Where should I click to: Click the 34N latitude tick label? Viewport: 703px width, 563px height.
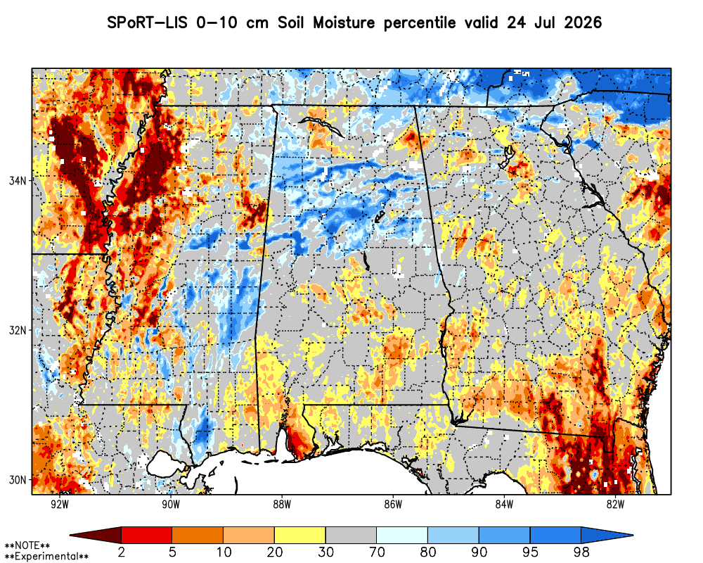pyautogui.click(x=18, y=180)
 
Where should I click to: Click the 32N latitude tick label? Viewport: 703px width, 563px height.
pyautogui.click(x=18, y=331)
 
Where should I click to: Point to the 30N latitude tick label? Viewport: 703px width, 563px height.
pyautogui.click(x=18, y=480)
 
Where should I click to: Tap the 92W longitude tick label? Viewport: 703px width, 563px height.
pyautogui.click(x=60, y=504)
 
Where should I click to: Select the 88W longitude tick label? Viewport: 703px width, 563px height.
pyautogui.click(x=282, y=504)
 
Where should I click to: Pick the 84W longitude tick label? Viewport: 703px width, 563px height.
pyautogui.click(x=504, y=504)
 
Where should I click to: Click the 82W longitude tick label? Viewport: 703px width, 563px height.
pyautogui.click(x=615, y=504)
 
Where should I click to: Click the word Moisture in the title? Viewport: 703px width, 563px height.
pyautogui.click(x=344, y=23)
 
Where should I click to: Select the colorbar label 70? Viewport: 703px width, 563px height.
pyautogui.click(x=377, y=552)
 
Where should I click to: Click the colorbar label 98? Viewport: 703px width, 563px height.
pyautogui.click(x=581, y=552)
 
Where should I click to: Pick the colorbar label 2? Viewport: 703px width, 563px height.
pyautogui.click(x=121, y=552)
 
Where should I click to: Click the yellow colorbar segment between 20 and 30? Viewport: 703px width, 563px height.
pyautogui.click(x=300, y=535)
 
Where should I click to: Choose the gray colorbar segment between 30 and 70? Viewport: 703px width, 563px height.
pyautogui.click(x=351, y=535)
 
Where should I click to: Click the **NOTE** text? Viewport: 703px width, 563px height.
pyautogui.click(x=27, y=545)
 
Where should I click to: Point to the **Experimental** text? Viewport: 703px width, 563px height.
pyautogui.click(x=46, y=557)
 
